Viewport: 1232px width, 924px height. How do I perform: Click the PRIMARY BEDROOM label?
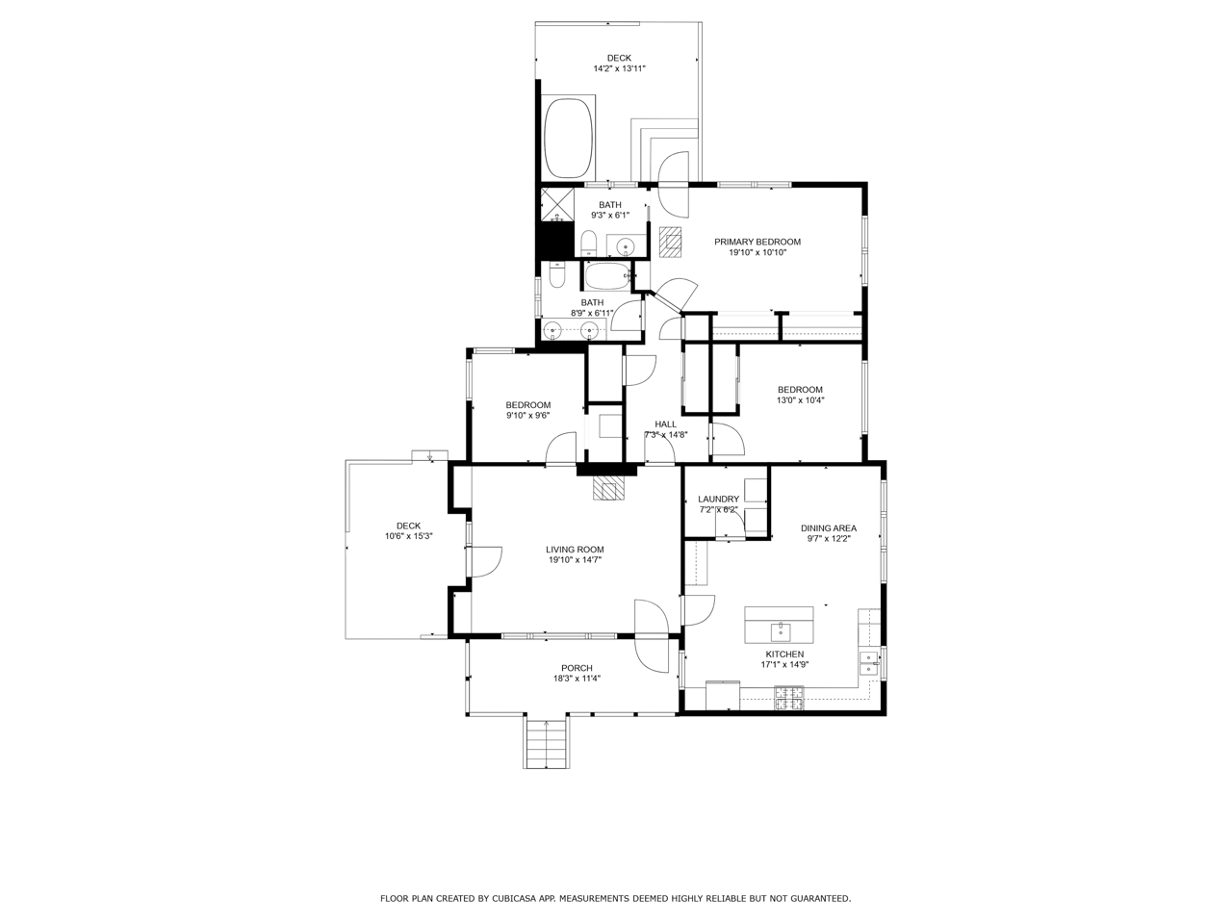[x=757, y=242]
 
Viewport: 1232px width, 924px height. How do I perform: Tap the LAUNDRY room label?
[x=718, y=499]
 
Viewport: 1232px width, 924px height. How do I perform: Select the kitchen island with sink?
[x=779, y=625]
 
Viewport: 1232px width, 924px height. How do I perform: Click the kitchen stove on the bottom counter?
[x=789, y=699]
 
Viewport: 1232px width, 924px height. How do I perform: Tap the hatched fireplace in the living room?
[x=608, y=488]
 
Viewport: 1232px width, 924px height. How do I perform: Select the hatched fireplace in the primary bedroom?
[x=670, y=242]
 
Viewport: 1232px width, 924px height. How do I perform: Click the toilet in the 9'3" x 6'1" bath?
[x=588, y=244]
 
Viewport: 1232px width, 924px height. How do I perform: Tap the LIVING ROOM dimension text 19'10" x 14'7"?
[x=575, y=560]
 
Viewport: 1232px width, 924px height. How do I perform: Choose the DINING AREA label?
[x=829, y=527]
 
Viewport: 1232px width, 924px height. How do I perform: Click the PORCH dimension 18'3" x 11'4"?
[x=577, y=679]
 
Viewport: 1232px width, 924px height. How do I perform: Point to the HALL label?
[x=666, y=424]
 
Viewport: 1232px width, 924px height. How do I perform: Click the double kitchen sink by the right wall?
[x=869, y=663]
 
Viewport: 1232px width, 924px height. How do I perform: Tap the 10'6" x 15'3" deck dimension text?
[x=409, y=536]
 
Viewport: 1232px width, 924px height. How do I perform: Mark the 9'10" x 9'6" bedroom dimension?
[x=528, y=415]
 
